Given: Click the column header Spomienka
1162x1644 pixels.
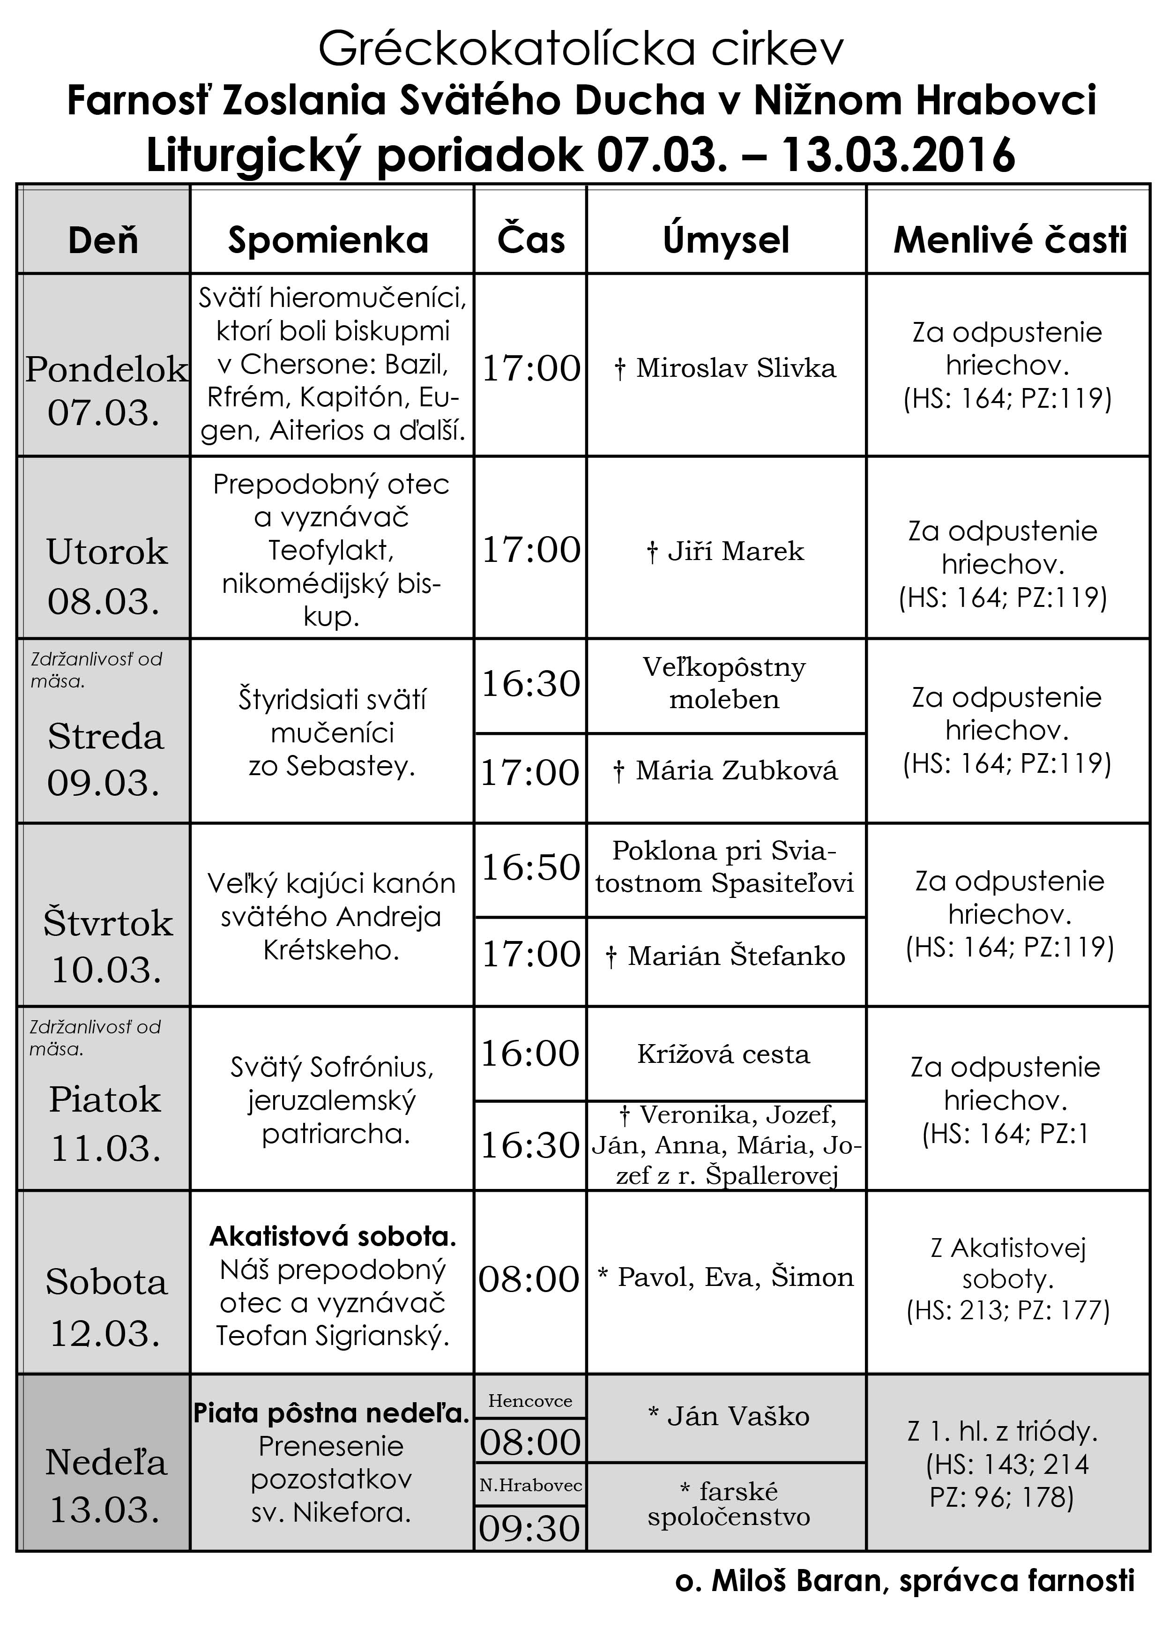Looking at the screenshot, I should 328,240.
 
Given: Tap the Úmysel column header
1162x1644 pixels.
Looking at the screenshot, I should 725,240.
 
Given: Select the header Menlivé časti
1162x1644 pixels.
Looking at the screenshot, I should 1010,240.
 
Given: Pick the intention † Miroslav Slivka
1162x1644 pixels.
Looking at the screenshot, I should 725,368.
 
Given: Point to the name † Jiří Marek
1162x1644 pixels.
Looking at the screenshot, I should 725,551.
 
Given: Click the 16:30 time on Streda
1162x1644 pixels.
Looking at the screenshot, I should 530,684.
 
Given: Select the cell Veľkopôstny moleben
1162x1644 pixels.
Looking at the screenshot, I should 724,683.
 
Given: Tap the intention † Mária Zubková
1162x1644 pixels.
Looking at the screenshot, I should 725,770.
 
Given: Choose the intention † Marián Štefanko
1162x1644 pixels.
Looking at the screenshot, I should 725,956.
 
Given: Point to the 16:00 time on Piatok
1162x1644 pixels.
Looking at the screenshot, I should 530,1054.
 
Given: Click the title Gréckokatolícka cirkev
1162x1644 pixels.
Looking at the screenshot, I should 581,49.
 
